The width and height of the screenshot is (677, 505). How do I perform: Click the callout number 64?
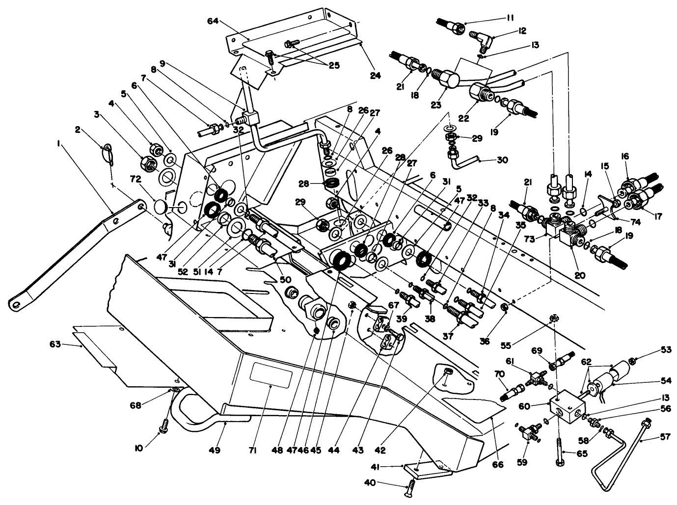(x=213, y=21)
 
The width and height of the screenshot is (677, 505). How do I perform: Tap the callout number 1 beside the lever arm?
(x=58, y=144)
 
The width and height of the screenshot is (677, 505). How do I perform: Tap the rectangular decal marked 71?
(x=271, y=375)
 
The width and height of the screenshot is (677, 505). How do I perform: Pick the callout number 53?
(x=651, y=349)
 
